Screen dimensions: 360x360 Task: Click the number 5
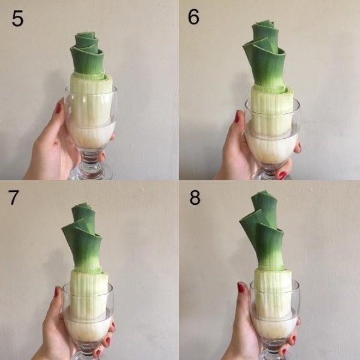18,18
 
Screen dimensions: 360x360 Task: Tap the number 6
193,17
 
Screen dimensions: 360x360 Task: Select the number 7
13,198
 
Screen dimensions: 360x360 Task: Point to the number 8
195,198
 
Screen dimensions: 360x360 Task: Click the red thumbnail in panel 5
59,108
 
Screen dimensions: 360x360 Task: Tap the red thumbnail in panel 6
237,116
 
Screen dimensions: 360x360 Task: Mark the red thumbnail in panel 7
56,292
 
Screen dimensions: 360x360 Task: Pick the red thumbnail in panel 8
241,287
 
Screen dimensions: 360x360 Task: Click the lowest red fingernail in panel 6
282,175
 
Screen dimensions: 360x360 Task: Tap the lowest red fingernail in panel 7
98,353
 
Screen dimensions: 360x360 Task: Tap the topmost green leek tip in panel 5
85,33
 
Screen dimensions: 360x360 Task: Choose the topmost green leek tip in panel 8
264,191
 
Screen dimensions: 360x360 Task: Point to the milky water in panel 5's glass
91,136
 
